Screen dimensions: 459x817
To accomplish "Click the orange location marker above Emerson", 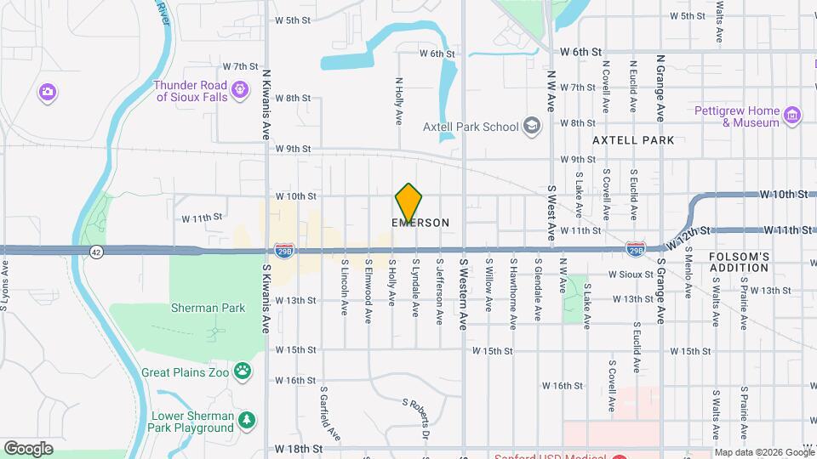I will (x=408, y=203).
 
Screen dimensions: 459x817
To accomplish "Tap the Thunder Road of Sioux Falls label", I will (x=191, y=91).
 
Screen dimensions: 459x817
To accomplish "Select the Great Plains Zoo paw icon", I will (x=243, y=371).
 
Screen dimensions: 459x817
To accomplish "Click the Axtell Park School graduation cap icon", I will (x=532, y=127).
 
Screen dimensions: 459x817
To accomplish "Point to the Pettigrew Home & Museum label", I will (x=736, y=116).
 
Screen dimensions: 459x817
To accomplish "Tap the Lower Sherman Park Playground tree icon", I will (x=247, y=420).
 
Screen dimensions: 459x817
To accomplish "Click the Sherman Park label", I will (x=208, y=308).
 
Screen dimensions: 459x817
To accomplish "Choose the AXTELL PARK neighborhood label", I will (x=633, y=140).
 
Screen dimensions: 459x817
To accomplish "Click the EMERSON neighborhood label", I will (x=420, y=223).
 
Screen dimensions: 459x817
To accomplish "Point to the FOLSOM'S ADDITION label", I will (x=739, y=262).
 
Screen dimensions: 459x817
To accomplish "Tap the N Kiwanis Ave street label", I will (x=266, y=106).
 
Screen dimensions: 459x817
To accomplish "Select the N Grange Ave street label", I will (x=660, y=89).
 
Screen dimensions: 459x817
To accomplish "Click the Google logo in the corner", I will (x=28, y=448).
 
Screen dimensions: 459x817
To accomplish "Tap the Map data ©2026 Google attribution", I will (x=763, y=452).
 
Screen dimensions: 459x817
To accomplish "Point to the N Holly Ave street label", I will (x=398, y=102).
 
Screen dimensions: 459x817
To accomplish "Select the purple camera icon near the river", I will (x=48, y=91).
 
